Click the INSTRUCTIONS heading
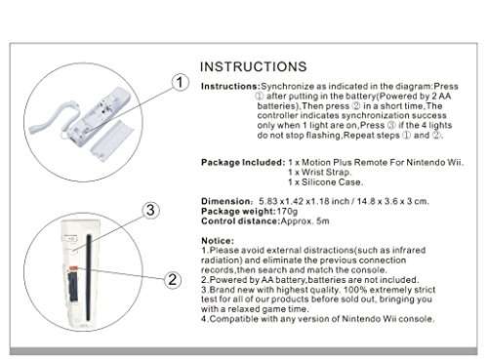pos(258,66)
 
